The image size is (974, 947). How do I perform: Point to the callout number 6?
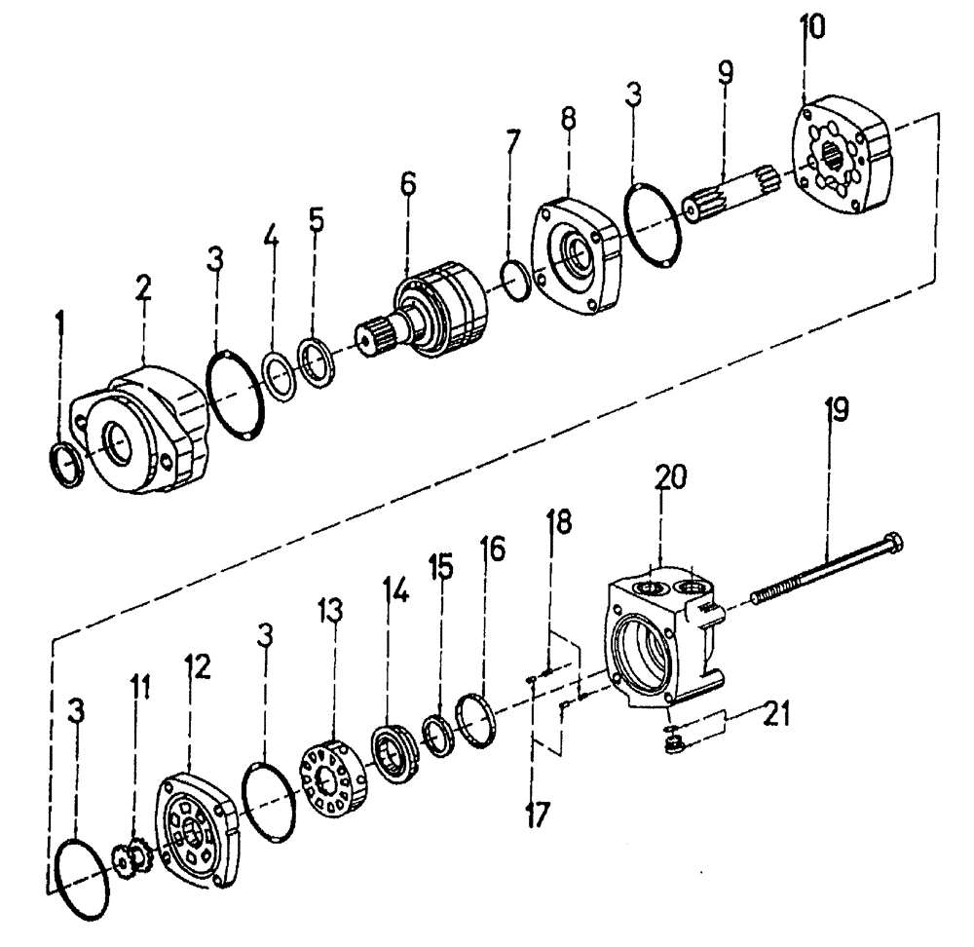(407, 182)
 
